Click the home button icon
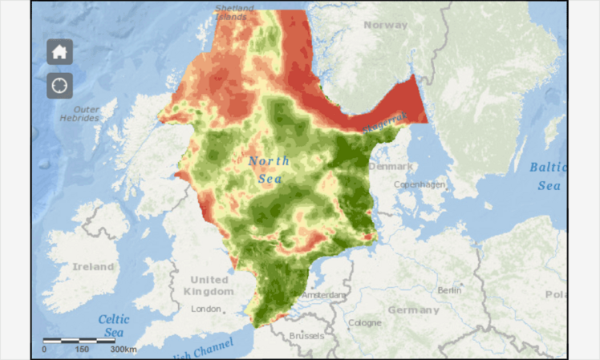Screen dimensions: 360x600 (59, 52)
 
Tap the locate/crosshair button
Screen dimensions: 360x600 (59, 85)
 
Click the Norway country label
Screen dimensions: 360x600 (385, 25)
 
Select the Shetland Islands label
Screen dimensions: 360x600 (233, 13)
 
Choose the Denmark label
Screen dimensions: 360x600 (391, 166)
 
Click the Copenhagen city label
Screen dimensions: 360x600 (422, 184)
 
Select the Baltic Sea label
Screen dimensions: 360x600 (549, 176)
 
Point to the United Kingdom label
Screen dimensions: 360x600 (209, 285)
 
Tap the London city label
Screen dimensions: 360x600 (206, 309)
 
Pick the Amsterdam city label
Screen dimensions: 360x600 (326, 295)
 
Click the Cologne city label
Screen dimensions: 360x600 (365, 322)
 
